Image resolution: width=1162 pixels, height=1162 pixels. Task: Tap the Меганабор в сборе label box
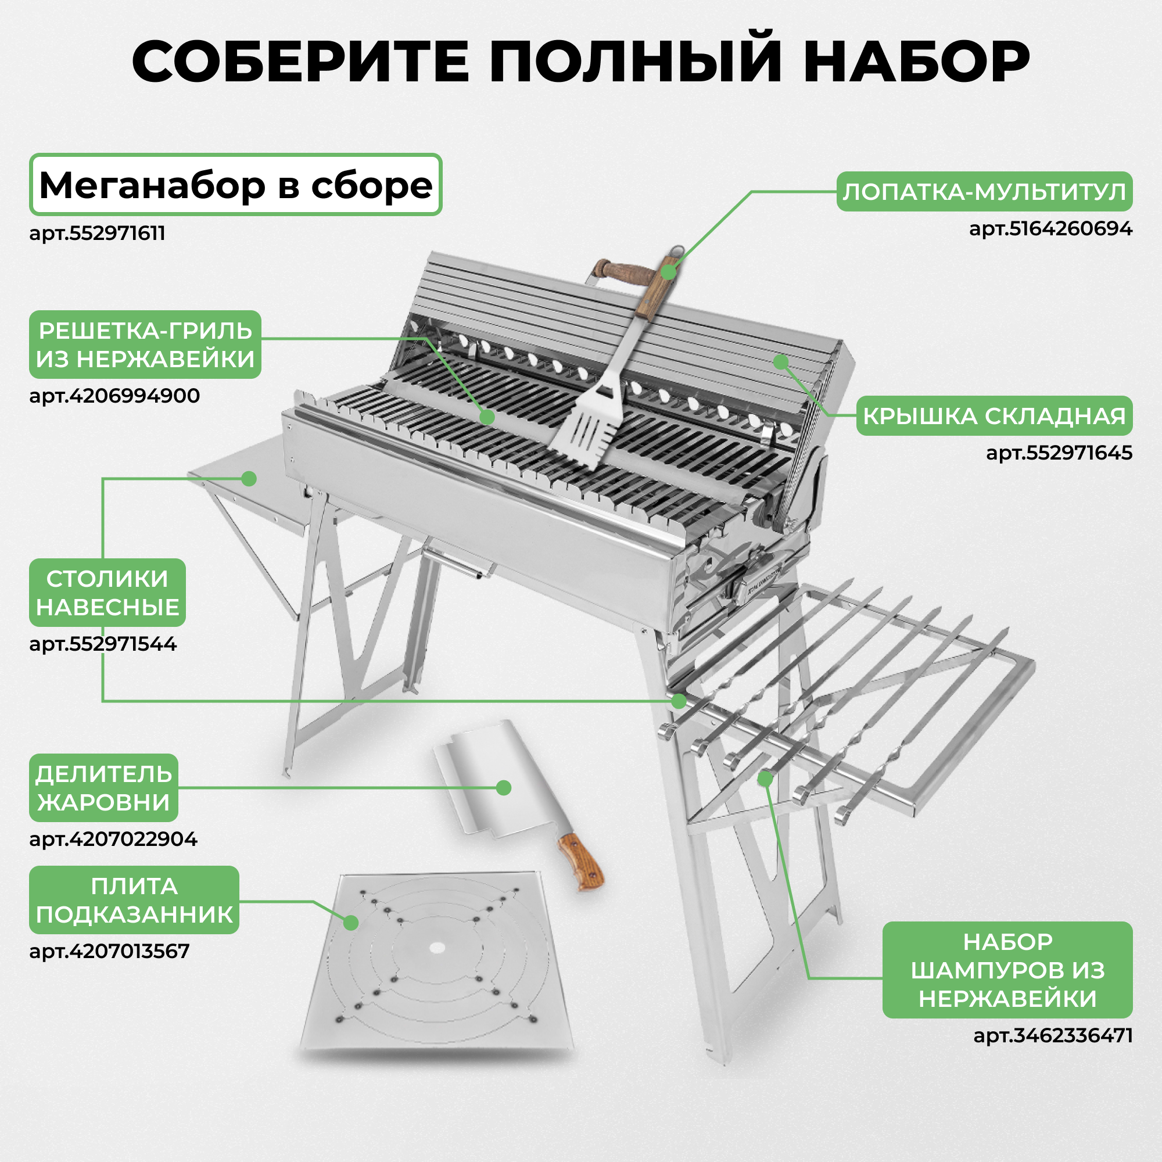click(236, 185)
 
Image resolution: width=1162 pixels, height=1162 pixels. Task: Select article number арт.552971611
click(98, 234)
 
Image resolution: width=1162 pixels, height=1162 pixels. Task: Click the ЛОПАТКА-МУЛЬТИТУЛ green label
click(984, 192)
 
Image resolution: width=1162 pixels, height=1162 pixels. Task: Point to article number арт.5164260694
click(1050, 229)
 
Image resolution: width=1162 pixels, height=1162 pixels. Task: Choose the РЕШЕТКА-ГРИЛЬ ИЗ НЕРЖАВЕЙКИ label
click(145, 345)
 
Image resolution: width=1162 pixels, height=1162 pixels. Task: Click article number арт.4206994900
click(114, 396)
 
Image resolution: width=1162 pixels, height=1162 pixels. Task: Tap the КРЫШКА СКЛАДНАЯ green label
click(994, 415)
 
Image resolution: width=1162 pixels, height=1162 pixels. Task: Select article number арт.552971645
click(1059, 453)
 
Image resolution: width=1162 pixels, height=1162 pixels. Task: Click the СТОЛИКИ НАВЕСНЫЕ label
click(107, 593)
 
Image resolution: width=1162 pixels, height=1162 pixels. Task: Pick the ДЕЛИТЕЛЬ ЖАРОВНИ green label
click(103, 788)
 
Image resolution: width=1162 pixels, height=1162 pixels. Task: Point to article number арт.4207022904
click(113, 839)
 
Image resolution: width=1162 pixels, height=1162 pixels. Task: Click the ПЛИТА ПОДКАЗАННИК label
click(134, 900)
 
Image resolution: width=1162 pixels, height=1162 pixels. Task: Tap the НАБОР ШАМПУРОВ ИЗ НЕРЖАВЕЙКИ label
click(1007, 970)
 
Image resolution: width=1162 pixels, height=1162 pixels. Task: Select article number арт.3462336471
click(1053, 1036)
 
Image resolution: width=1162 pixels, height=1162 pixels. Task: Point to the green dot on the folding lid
click(781, 362)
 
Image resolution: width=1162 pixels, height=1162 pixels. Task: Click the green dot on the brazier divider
click(504, 788)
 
